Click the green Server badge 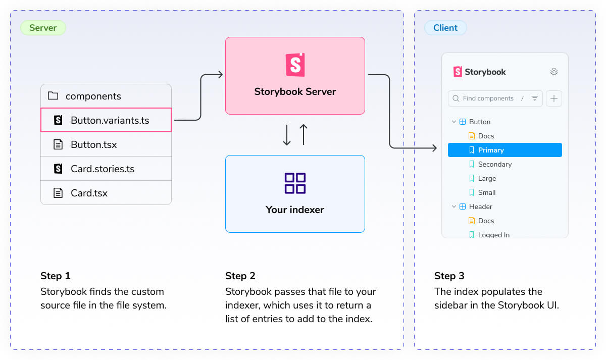point(43,28)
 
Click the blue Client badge point(445,28)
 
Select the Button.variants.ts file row point(106,120)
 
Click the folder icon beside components point(53,96)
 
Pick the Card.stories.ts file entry point(103,169)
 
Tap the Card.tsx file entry point(89,193)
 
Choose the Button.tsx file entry point(93,144)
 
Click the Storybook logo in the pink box point(295,65)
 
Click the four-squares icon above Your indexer point(295,183)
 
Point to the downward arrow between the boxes point(287,135)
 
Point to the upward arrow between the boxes point(303,135)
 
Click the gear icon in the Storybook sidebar point(554,72)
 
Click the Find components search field point(488,98)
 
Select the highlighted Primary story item point(504,150)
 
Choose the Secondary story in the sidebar point(494,164)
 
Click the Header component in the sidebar point(480,207)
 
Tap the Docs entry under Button point(486,136)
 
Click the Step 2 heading point(240,276)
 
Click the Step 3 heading point(449,276)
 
